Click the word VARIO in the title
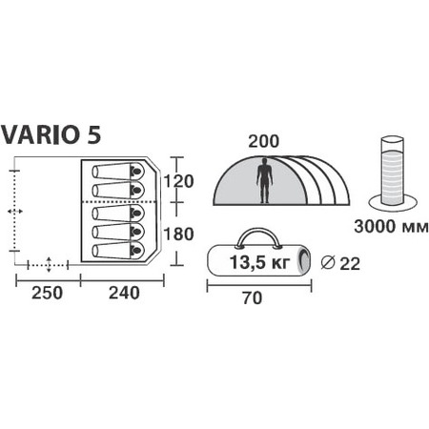point(40,134)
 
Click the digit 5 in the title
point(93,134)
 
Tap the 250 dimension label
point(47,293)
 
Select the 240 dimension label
point(124,293)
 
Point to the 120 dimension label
point(178,182)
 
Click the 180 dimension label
point(178,235)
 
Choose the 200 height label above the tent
point(263,142)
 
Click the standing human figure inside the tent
point(264,181)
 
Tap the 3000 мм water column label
point(391,227)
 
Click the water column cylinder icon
point(393,174)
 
